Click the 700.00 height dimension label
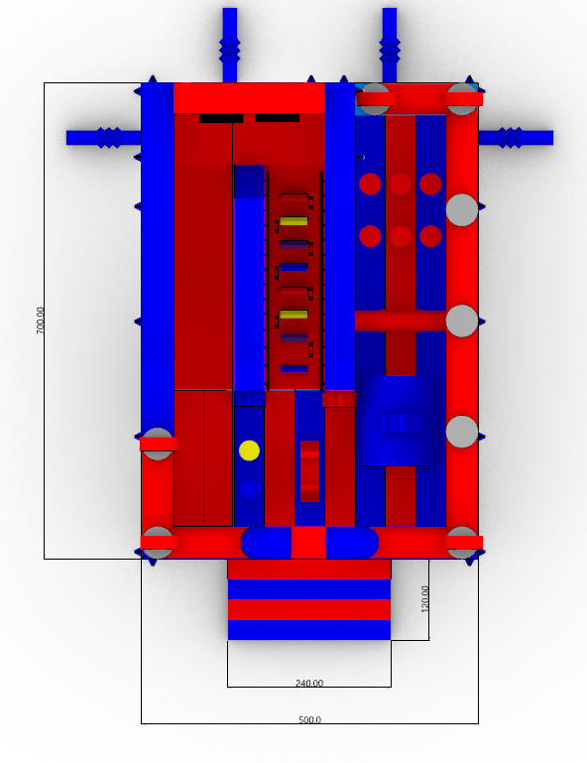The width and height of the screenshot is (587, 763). tap(40, 320)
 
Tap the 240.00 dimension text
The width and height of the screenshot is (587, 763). tap(309, 684)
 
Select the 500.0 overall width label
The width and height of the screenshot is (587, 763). tap(309, 719)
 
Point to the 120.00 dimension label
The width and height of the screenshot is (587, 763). tap(424, 598)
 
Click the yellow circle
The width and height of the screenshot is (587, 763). tap(249, 450)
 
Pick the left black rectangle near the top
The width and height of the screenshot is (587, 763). tap(221, 118)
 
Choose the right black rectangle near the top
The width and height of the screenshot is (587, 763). tap(278, 118)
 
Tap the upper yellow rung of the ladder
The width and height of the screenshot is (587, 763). tap(293, 221)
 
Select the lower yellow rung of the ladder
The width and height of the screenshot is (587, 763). tap(293, 315)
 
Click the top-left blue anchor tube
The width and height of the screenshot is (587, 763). tap(230, 45)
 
